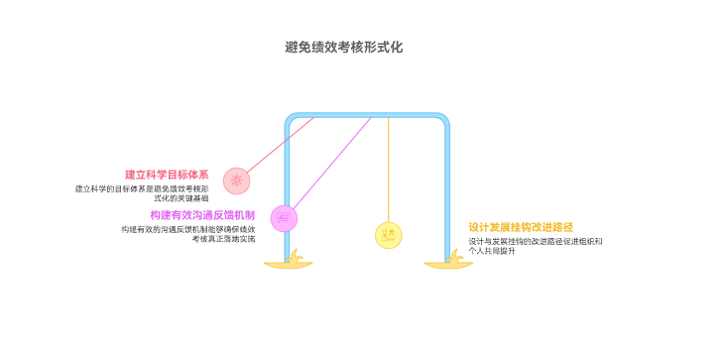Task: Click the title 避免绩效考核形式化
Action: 343,47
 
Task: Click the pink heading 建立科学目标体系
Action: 167,175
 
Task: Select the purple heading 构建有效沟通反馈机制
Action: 202,215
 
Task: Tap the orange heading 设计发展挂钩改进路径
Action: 521,226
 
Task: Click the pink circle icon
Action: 236,180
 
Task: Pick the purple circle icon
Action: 285,217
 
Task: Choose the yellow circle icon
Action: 389,235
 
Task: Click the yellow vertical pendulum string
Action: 389,169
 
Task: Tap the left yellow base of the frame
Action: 289,264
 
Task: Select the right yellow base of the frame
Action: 449,264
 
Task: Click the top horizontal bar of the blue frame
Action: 368,116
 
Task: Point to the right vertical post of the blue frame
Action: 447,188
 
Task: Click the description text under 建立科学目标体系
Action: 143,192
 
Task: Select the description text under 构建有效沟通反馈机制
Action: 187,234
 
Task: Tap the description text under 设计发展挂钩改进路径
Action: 535,246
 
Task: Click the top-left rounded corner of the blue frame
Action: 290,119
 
